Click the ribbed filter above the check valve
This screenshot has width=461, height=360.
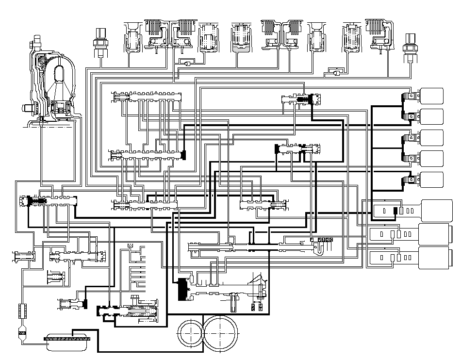click(21, 311)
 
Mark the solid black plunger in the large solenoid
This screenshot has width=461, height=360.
click(395, 211)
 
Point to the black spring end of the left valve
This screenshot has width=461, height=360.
click(35, 200)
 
